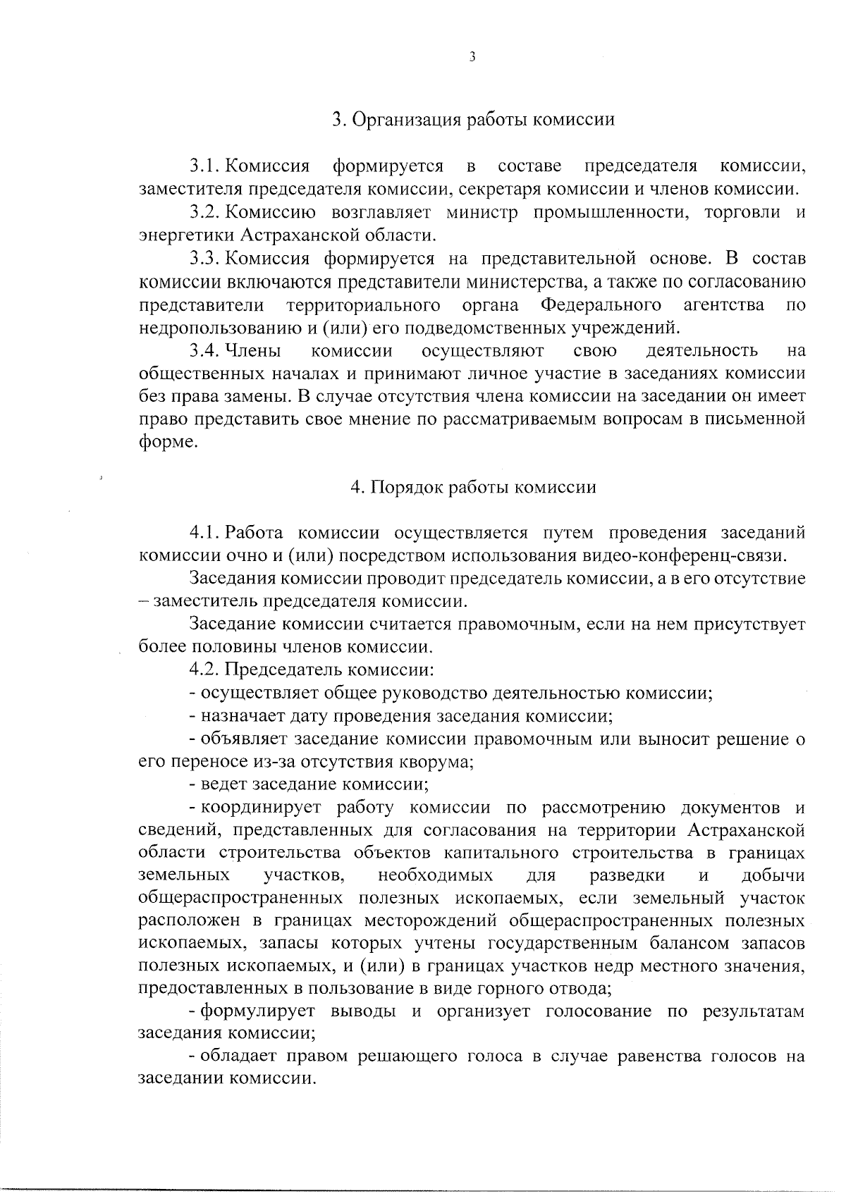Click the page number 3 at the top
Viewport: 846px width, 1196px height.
[x=472, y=58]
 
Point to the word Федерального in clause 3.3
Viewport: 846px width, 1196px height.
[x=601, y=305]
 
